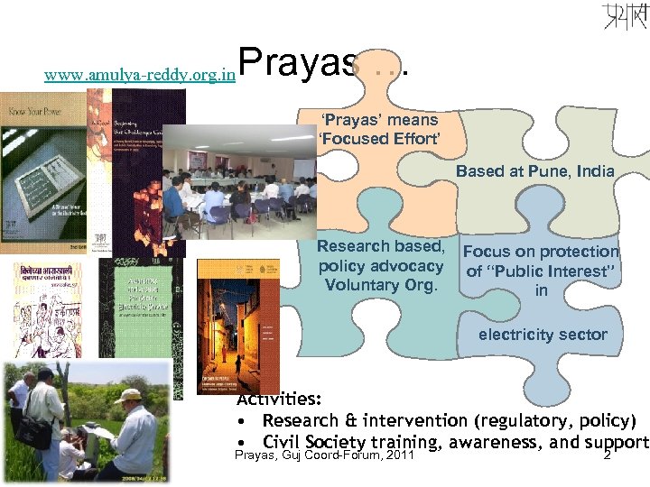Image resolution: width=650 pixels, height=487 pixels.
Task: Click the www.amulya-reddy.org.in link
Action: (x=140, y=78)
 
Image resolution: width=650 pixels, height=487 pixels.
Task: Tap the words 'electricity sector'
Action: (x=543, y=335)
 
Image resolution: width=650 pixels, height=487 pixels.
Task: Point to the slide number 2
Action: (x=607, y=457)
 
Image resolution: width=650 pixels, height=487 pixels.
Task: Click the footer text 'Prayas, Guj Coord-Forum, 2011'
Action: (x=324, y=457)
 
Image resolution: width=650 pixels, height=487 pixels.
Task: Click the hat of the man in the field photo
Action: (x=129, y=395)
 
